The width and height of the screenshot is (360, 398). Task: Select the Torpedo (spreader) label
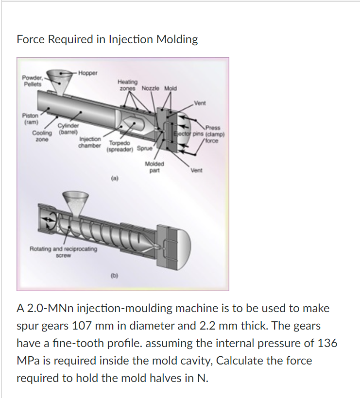click(120, 147)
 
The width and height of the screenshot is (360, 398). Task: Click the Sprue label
click(144, 149)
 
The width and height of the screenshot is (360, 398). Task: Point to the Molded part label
click(154, 167)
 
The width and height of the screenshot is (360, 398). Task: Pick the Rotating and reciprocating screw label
click(63, 251)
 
